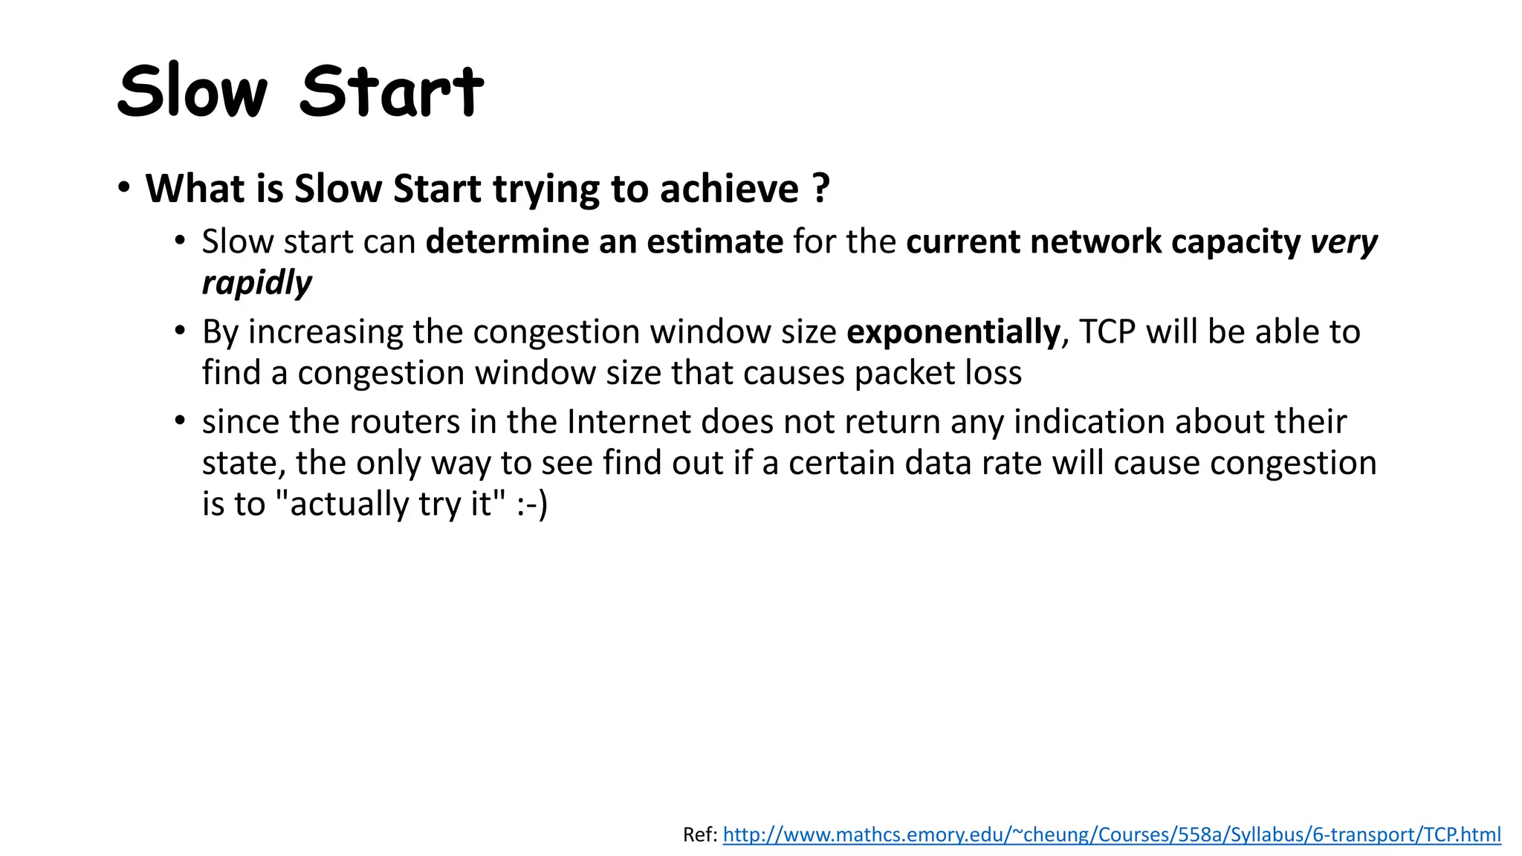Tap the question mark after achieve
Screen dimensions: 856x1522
tap(820, 189)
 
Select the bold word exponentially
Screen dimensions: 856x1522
tap(953, 331)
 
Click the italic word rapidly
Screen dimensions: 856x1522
tap(256, 283)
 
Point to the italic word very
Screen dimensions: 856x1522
tap(1344, 242)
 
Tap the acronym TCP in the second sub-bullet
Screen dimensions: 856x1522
tap(1107, 331)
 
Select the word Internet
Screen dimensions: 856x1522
tap(629, 422)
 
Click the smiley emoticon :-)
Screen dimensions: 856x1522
tap(532, 504)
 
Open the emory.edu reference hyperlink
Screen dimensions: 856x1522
tap(1111, 834)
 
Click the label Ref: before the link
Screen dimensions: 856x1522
tap(700, 834)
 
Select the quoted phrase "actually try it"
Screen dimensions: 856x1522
tap(391, 504)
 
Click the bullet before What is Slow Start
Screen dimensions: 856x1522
tap(123, 187)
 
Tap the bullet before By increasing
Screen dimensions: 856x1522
tap(180, 330)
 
